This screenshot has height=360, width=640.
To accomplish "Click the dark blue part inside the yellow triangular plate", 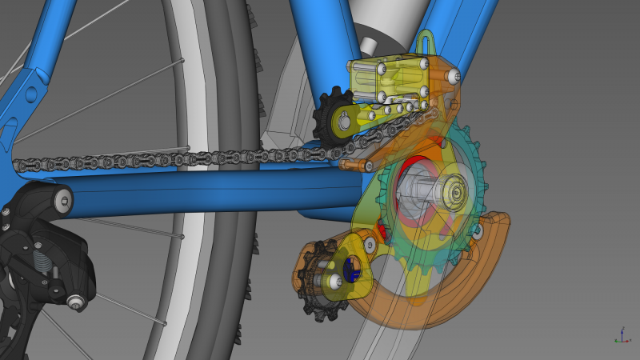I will pos(350,270).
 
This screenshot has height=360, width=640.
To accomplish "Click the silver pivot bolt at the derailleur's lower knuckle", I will pos(75,302).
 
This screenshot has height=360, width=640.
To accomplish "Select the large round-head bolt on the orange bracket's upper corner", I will pos(454,76).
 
